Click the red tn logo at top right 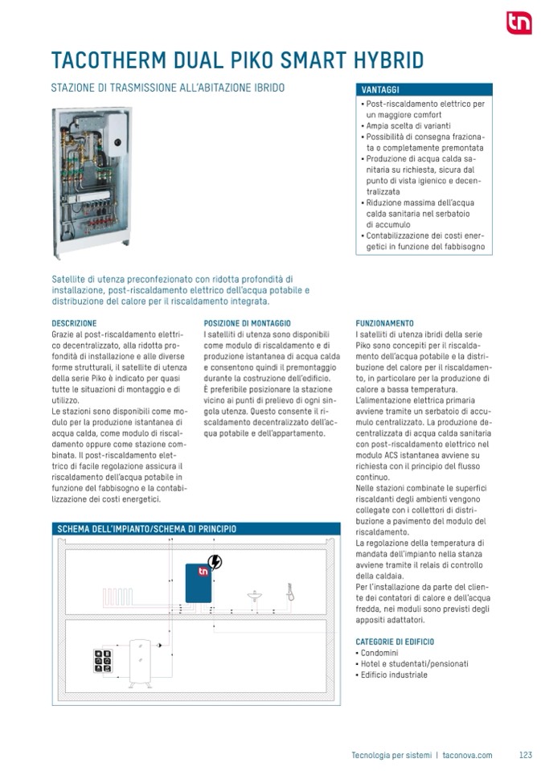click(x=518, y=23)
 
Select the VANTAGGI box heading click(x=381, y=90)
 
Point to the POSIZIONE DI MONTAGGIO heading click(x=248, y=322)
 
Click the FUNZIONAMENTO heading click(x=384, y=322)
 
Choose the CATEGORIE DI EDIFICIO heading click(x=395, y=641)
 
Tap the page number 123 click(x=526, y=755)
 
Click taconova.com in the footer click(x=467, y=755)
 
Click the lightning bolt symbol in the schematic click(x=215, y=562)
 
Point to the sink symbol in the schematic click(x=255, y=596)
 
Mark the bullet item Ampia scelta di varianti click(x=408, y=126)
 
